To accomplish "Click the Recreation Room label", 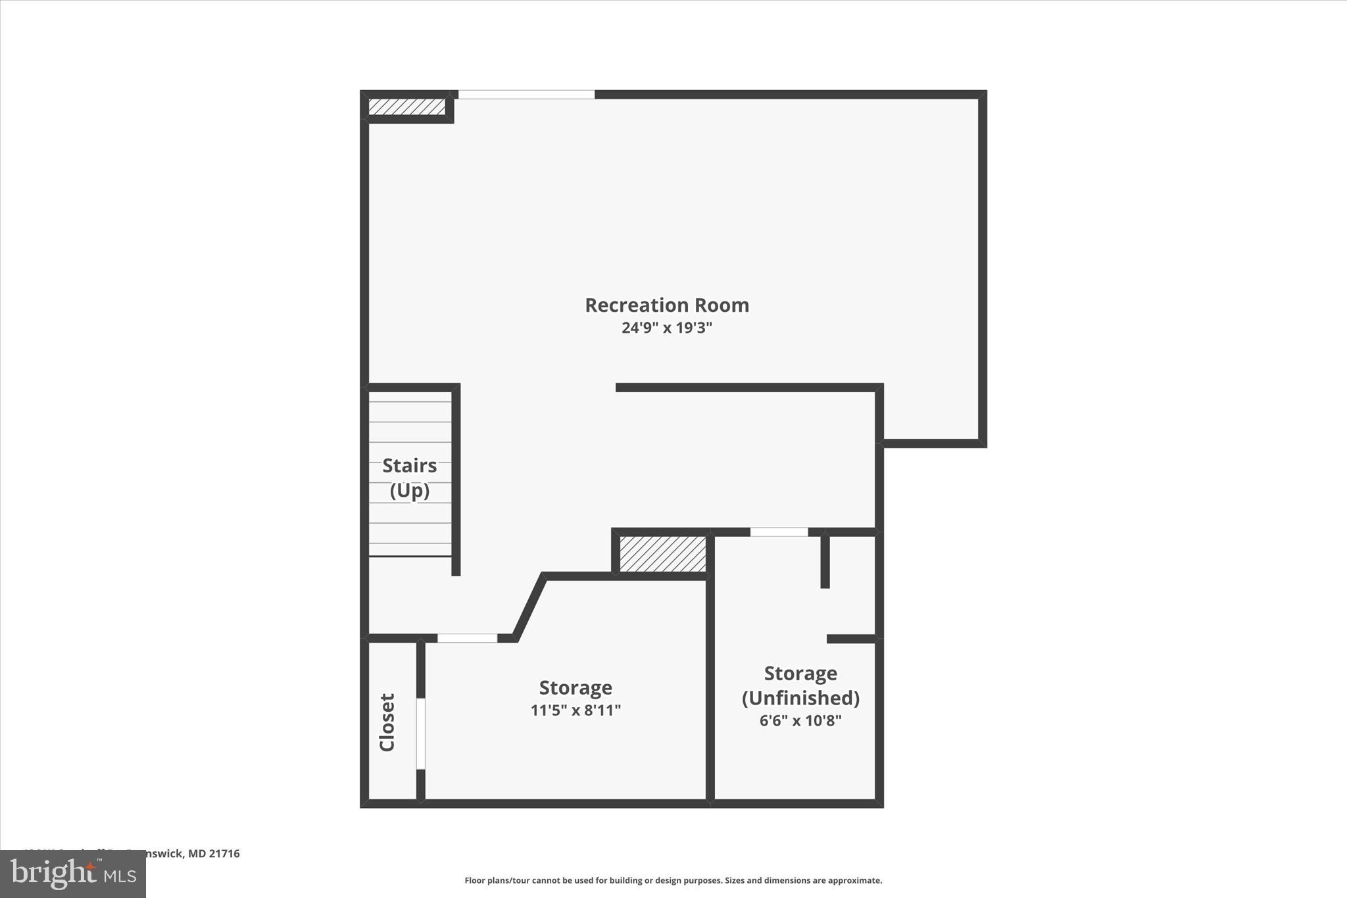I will pos(667,305).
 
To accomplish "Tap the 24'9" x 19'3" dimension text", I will pos(667,328).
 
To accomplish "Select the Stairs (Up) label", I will pos(410,478).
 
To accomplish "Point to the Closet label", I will pos(387,722).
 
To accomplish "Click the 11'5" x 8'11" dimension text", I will pos(576,711).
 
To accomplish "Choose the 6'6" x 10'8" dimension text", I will pos(800,720).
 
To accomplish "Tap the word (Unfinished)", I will pos(800,697).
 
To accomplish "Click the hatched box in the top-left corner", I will pos(406,107).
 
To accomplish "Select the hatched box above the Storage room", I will pos(662,554).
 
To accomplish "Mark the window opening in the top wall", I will pos(526,95).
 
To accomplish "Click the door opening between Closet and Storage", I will pos(421,734).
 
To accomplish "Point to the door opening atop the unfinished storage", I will pos(779,532).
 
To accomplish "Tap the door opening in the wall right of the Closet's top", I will pos(467,638).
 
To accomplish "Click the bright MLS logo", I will pos(73,874).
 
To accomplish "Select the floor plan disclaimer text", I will pos(673,880).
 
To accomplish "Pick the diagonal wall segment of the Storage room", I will pos(530,607).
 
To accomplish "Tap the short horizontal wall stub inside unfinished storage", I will pos(851,639).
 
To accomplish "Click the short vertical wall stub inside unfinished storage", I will pos(825,561).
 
